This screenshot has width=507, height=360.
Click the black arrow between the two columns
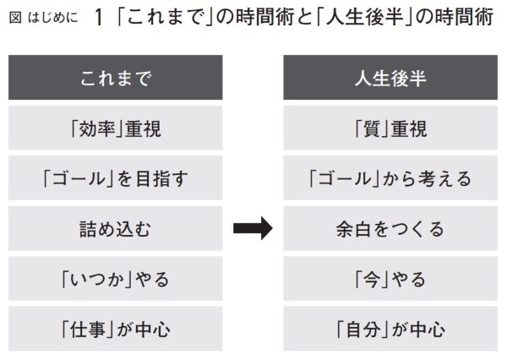253,228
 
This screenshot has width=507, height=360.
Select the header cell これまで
116,77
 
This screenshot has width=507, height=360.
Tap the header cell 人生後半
390,77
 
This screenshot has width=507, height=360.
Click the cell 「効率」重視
116,128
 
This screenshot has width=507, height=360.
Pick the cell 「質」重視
390,128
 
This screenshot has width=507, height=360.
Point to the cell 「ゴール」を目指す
116,178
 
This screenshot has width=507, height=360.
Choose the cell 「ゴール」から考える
390,178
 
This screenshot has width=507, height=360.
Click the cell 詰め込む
116,228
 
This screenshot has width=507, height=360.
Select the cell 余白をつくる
390,228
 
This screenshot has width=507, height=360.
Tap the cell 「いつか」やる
116,279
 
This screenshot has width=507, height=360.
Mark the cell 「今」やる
390,279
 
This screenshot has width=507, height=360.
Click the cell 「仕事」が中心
116,329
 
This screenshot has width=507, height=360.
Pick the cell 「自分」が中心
390,329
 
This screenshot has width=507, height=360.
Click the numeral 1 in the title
99,18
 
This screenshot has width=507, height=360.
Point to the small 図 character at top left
15,18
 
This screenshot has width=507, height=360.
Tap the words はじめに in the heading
53,18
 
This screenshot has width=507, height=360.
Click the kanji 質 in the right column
372,128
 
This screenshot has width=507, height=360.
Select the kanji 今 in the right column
372,280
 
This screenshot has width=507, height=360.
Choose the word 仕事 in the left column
87,330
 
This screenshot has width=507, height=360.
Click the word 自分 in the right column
363,330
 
